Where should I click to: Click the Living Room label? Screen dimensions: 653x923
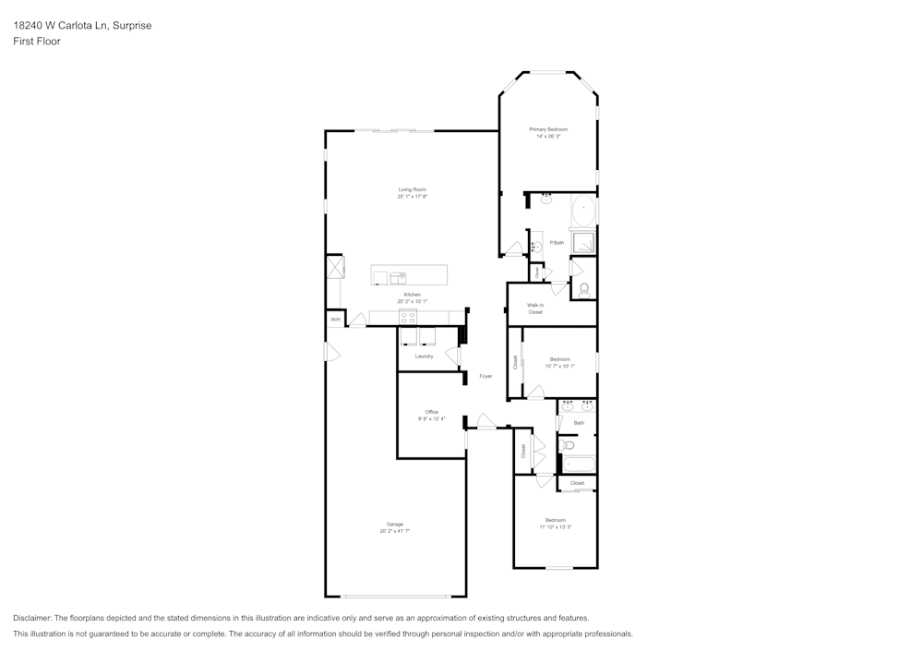(412, 189)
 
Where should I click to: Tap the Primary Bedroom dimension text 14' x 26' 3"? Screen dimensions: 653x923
(547, 136)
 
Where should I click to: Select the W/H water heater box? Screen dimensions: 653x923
(335, 320)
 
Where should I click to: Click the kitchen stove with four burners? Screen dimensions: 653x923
(408, 317)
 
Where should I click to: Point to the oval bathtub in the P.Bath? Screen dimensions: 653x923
(583, 211)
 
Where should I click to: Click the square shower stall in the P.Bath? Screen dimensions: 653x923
(583, 242)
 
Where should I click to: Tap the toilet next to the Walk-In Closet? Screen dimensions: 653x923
(584, 289)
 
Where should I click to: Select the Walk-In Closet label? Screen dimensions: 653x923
(535, 308)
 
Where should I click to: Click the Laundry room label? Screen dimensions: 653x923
(424, 356)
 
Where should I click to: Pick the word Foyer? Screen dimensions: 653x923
(485, 376)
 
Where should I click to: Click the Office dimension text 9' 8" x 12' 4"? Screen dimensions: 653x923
(431, 418)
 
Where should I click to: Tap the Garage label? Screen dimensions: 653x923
(394, 524)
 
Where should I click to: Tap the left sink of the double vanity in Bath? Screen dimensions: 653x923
(568, 405)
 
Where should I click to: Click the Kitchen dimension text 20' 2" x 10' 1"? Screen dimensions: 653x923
(412, 301)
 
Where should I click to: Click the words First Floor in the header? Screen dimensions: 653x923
(37, 42)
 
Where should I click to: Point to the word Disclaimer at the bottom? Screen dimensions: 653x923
(32, 618)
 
